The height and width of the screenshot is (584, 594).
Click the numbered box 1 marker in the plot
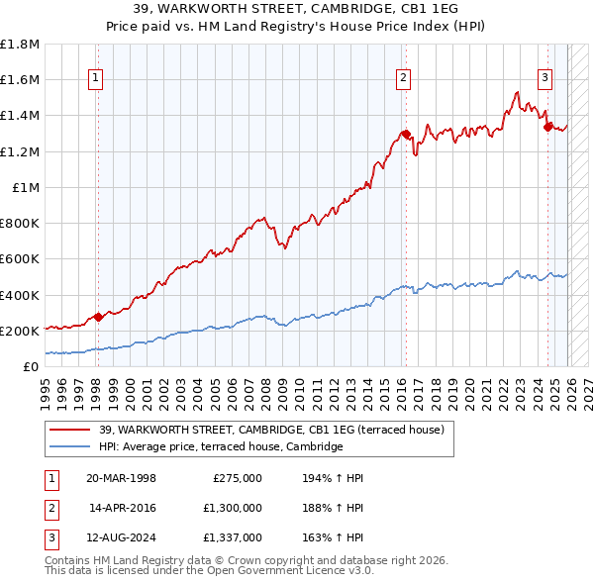pyautogui.click(x=96, y=78)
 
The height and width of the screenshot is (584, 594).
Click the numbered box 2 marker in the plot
pyautogui.click(x=404, y=78)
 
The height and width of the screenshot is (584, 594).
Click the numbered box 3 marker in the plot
pyautogui.click(x=545, y=78)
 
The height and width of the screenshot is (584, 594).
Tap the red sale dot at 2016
pyautogui.click(x=405, y=134)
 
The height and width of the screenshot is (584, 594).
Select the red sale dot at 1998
pyautogui.click(x=98, y=317)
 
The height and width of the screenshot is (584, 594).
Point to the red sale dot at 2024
pyautogui.click(x=547, y=126)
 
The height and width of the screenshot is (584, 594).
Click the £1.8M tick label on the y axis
pyautogui.click(x=20, y=45)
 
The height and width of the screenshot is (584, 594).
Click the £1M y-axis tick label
pyautogui.click(x=26, y=187)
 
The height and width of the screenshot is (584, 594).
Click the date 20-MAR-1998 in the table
pyautogui.click(x=121, y=478)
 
